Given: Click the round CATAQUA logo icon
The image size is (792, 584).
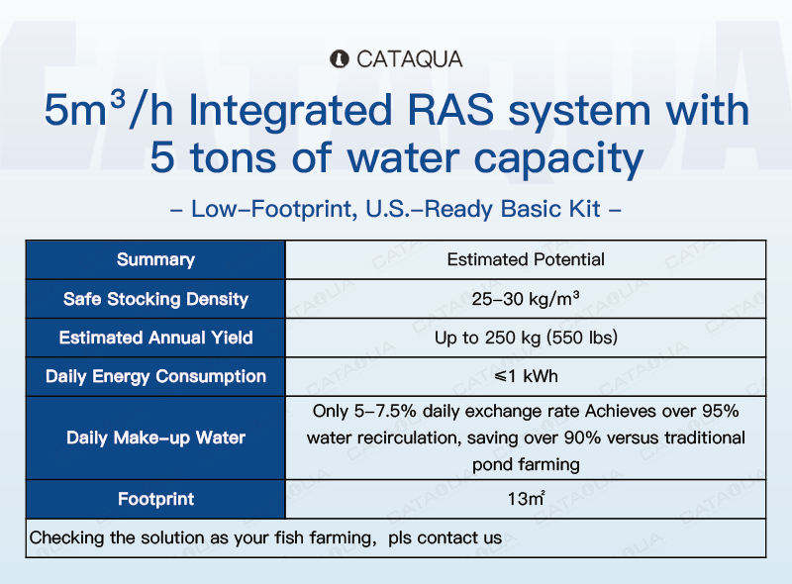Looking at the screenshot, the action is (x=339, y=59).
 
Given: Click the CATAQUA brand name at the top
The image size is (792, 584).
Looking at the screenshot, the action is (x=409, y=59).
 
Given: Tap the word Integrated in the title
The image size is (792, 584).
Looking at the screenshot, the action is (x=290, y=111).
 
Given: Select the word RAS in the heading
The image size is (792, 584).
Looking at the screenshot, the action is (x=450, y=110).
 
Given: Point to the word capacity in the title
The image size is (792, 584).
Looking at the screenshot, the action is (x=558, y=158).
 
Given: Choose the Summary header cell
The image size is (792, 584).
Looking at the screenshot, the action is (x=155, y=259).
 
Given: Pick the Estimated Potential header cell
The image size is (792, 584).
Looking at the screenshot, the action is (x=526, y=259).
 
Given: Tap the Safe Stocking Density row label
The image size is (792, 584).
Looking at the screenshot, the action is (x=155, y=299).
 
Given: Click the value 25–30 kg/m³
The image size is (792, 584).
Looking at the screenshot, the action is (x=526, y=299).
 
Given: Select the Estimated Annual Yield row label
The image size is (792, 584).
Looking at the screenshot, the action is (x=155, y=338).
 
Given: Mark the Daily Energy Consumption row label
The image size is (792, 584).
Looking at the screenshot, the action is (x=155, y=376).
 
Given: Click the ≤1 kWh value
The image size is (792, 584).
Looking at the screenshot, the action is (x=526, y=376).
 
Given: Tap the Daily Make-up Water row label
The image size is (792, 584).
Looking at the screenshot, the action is (x=155, y=438).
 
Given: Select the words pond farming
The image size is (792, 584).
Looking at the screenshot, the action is (x=526, y=464).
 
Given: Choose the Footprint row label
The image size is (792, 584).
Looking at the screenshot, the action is (x=155, y=499).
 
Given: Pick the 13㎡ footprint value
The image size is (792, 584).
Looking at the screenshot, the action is (x=526, y=499).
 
